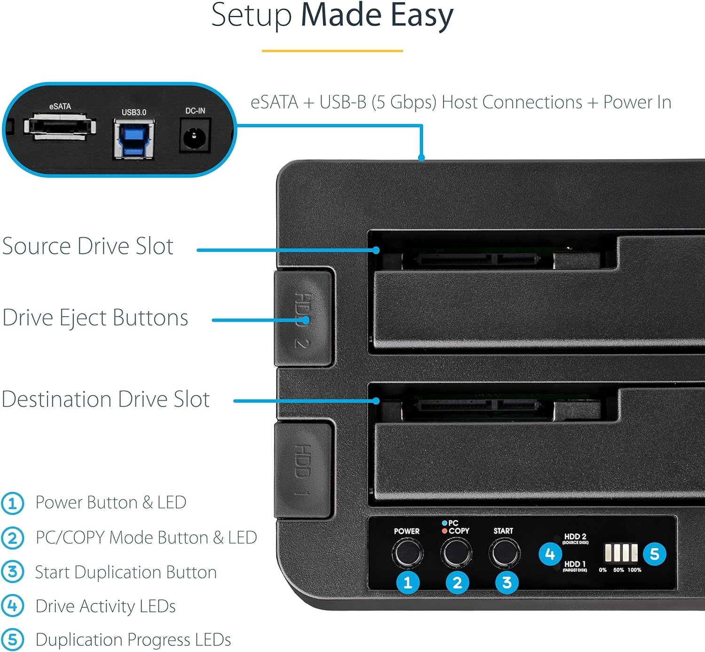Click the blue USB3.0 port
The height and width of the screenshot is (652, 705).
coord(134,139)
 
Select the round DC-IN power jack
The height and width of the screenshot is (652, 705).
coord(194,136)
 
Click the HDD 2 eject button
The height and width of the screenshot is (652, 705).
coord(303,318)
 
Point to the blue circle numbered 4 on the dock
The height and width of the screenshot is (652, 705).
coord(550,554)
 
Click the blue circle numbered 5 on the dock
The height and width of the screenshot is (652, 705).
coord(654,554)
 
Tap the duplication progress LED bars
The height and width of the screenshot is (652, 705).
coord(621,553)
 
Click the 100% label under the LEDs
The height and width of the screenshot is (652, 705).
coord(634,570)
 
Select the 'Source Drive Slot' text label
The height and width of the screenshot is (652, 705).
coord(88,246)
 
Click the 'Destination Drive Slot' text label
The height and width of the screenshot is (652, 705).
coord(106,399)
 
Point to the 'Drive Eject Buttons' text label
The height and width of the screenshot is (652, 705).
coord(95,318)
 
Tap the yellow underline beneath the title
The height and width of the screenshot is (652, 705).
coord(332,51)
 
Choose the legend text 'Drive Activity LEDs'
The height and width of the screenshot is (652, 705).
coord(105,606)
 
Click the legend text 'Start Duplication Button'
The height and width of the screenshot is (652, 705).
coord(126,572)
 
